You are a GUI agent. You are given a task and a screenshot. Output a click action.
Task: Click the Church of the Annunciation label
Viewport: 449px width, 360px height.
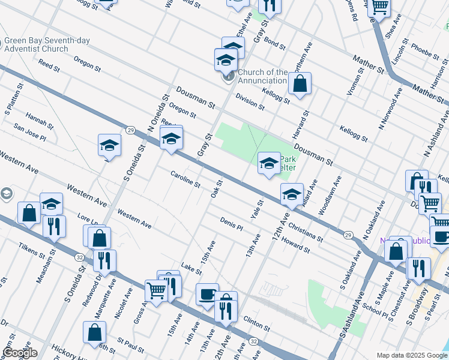263,76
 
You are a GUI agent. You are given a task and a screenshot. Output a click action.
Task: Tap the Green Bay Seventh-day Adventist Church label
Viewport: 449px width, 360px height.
47,45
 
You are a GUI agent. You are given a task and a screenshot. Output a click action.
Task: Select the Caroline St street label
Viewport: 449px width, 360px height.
185,178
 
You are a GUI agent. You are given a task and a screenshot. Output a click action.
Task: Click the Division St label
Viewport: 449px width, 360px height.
250,101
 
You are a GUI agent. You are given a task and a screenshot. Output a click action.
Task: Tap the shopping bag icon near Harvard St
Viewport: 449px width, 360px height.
300,83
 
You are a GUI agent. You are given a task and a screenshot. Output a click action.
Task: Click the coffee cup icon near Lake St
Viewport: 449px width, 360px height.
207,294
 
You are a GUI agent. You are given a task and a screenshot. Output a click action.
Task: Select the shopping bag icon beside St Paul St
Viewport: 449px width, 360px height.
95,332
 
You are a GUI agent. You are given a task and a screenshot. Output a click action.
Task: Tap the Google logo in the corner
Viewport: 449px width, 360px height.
19,353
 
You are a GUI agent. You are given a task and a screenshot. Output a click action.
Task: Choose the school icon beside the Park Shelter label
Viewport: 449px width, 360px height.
268,162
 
